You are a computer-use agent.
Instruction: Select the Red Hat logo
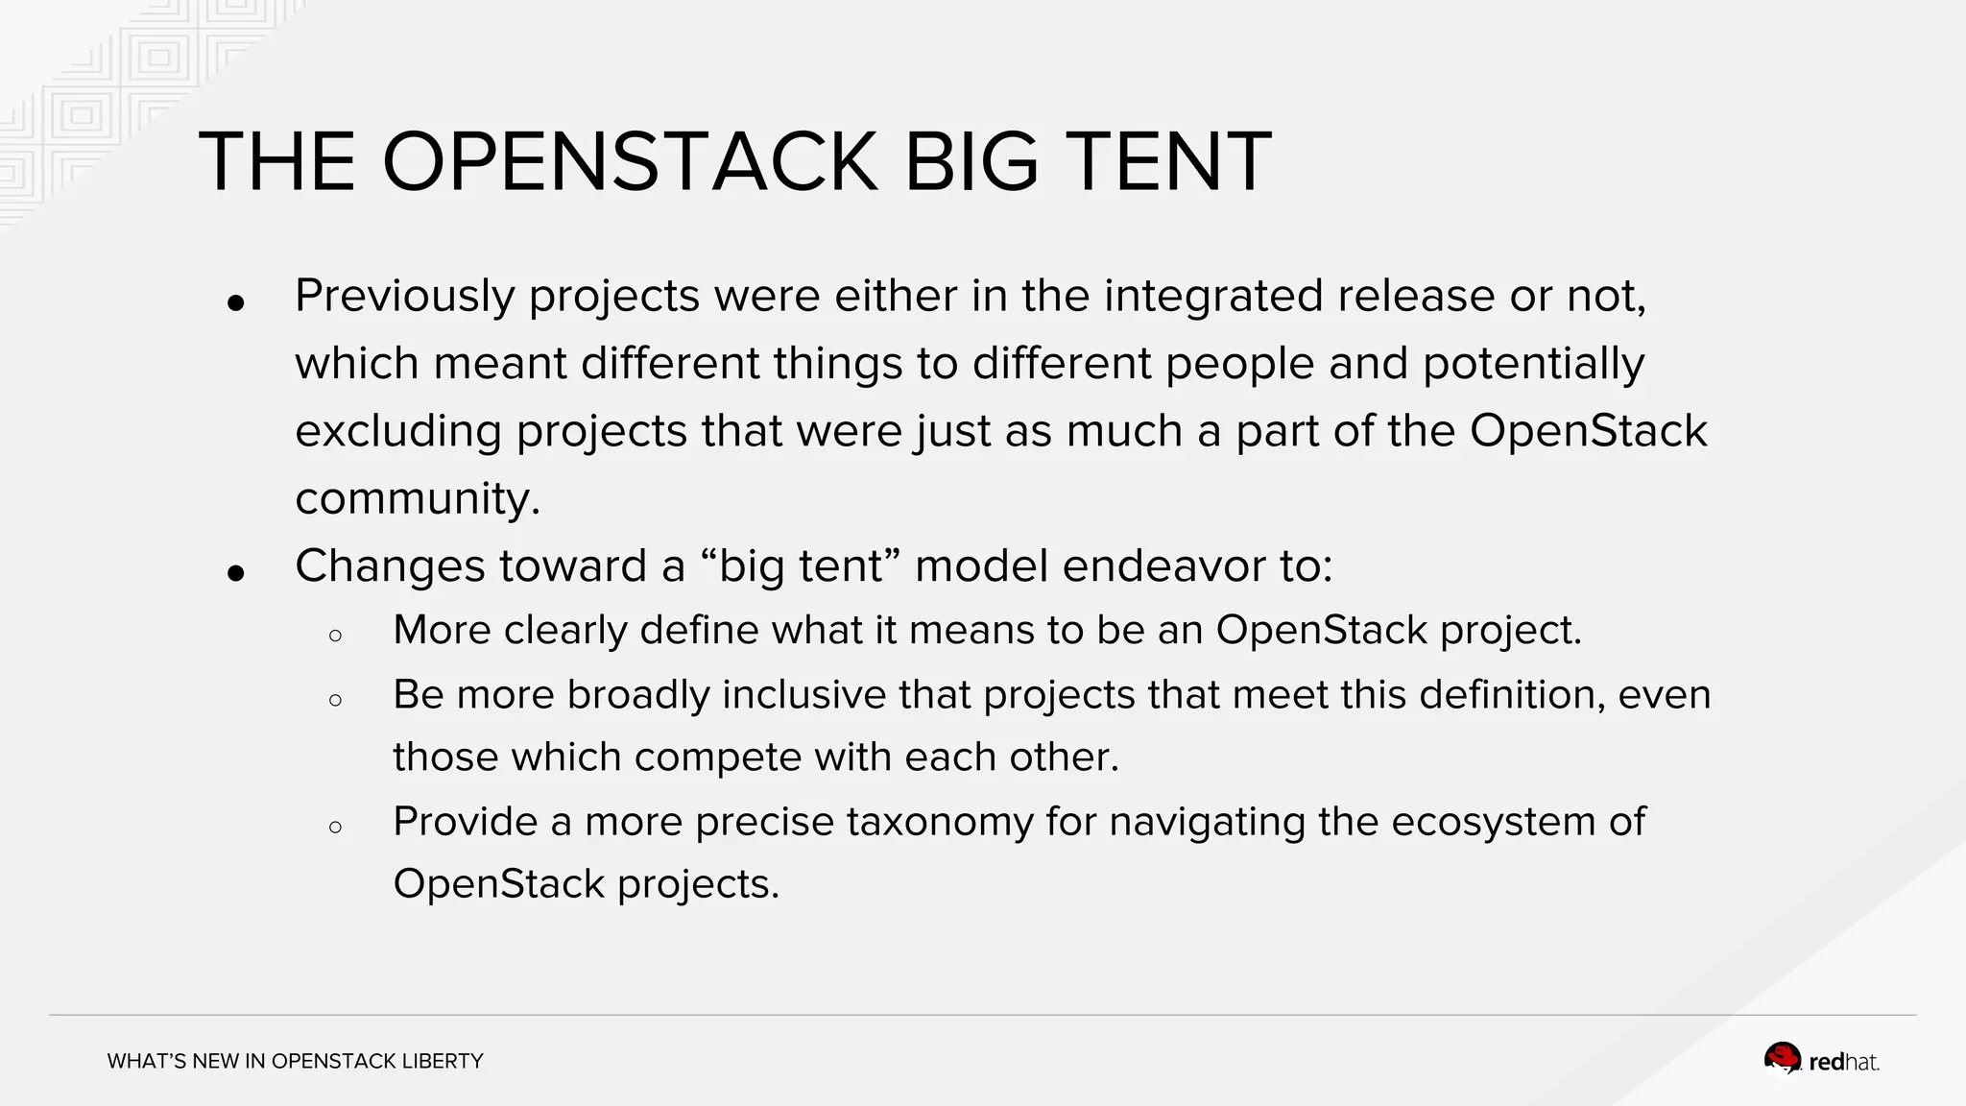(1821, 1060)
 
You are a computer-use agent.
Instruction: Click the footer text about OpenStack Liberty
(295, 1061)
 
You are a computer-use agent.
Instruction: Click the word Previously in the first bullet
(404, 296)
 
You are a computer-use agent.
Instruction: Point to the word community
(417, 498)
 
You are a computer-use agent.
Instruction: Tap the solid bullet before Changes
(236, 573)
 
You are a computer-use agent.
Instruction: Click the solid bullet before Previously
(236, 303)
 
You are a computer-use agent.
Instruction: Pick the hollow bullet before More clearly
(335, 636)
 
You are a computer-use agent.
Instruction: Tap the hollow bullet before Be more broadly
(335, 700)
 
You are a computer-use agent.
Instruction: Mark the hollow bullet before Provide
(335, 827)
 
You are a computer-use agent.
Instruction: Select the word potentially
(1533, 364)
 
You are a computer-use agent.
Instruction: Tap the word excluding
(397, 431)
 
